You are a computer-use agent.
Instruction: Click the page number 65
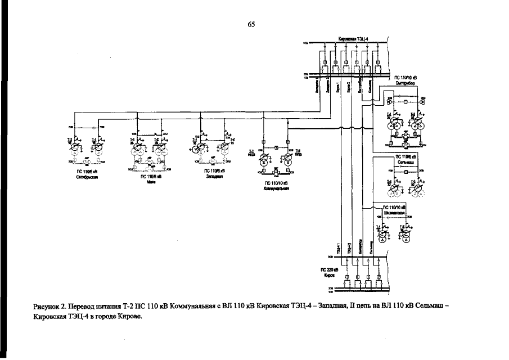tap(251, 24)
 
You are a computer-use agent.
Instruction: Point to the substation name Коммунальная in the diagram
tap(276, 188)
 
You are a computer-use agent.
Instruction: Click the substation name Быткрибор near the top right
tap(404, 82)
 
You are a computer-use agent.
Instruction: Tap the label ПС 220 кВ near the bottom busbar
tap(328, 271)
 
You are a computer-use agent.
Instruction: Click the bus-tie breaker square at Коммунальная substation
tap(276, 147)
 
